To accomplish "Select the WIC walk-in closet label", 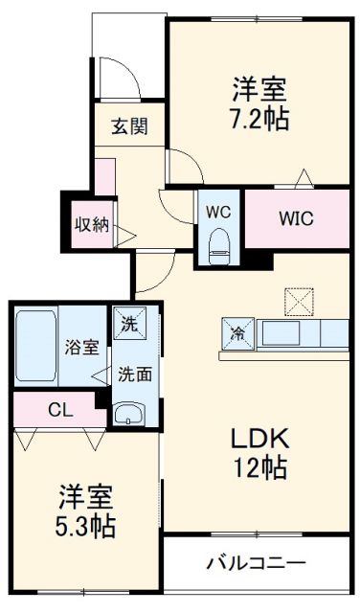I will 296,216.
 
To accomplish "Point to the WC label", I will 219,209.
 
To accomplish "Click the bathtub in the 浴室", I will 35,346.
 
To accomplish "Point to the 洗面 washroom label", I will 135,374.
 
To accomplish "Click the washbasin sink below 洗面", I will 127,414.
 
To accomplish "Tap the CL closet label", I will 60,410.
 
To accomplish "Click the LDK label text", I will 259,439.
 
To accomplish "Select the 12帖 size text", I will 259,468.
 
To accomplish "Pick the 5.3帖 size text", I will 86,527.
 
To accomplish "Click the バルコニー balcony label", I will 256,562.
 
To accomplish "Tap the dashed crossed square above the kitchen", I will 298,303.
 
